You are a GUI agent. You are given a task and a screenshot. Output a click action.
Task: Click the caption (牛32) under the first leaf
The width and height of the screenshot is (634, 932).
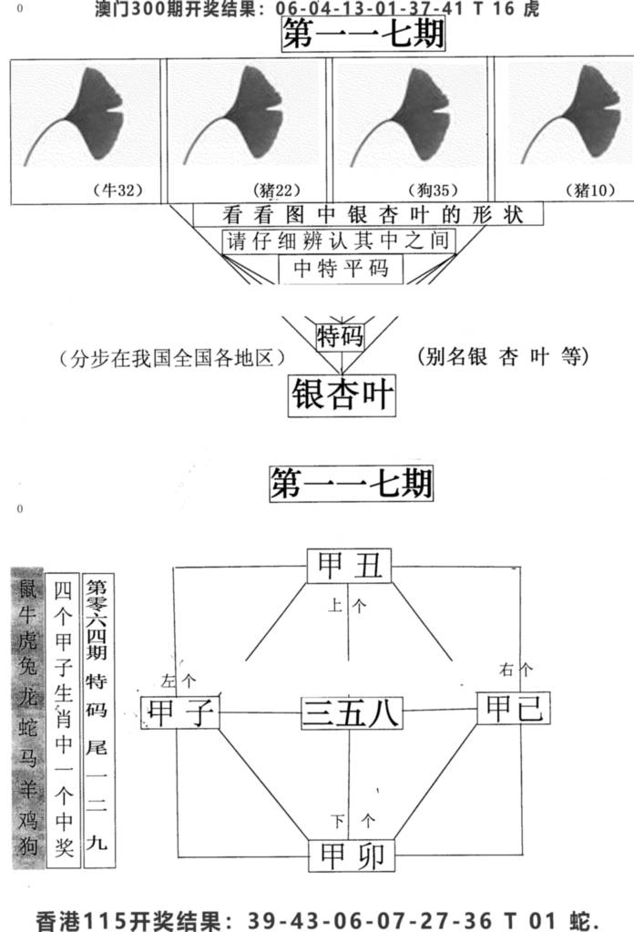click(118, 189)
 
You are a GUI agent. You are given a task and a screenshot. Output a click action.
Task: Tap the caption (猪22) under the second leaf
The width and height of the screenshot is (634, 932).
click(277, 189)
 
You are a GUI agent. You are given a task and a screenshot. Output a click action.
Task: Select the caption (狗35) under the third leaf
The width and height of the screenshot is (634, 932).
click(434, 189)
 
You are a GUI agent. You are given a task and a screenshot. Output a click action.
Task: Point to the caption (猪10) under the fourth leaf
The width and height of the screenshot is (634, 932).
click(590, 189)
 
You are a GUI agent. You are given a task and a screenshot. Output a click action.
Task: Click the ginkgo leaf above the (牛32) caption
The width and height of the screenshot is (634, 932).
click(75, 117)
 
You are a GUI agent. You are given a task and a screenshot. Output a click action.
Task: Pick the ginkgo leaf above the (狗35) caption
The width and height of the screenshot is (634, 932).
click(399, 117)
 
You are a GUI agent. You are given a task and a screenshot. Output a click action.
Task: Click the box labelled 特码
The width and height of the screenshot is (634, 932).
click(340, 336)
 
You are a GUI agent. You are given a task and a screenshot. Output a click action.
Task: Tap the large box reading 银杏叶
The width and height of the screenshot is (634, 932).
click(342, 394)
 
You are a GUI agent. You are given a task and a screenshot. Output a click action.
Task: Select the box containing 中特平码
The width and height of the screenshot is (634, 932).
click(341, 269)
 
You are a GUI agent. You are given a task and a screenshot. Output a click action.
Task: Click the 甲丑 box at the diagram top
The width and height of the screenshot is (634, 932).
click(350, 566)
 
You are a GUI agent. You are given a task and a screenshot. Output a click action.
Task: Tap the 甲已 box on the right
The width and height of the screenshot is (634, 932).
click(514, 708)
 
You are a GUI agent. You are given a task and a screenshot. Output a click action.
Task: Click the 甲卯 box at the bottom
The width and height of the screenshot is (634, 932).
click(352, 855)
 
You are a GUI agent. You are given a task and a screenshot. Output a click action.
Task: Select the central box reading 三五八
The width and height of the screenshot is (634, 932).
click(352, 712)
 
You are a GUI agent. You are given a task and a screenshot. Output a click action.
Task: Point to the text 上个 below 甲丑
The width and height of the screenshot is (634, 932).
click(347, 606)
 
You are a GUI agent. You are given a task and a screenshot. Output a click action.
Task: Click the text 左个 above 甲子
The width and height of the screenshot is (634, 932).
click(179, 681)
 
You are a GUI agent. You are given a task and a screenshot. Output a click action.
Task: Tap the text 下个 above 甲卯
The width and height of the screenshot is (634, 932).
click(353, 822)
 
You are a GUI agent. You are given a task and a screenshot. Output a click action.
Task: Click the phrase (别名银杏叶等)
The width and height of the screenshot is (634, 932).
click(503, 356)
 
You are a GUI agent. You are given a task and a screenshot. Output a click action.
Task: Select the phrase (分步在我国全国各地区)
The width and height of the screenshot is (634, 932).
click(172, 358)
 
